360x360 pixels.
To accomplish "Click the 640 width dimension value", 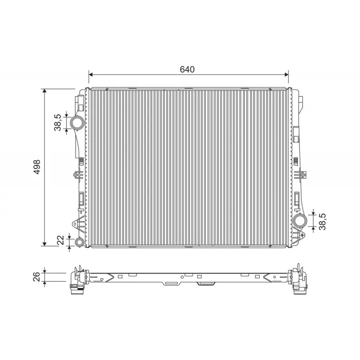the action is click(x=187, y=69).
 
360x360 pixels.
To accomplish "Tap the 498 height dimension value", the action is click(x=37, y=167).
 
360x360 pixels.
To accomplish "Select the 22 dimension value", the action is click(x=61, y=240).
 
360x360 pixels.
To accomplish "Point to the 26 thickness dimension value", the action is click(x=37, y=277).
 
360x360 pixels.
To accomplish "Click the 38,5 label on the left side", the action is click(x=58, y=122).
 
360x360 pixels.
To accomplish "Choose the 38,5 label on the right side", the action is click(x=322, y=221).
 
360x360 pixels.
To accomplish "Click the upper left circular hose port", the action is click(x=77, y=123).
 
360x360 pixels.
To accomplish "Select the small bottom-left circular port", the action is click(x=80, y=242).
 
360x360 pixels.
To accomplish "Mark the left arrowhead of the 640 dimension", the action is click(x=90, y=74).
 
